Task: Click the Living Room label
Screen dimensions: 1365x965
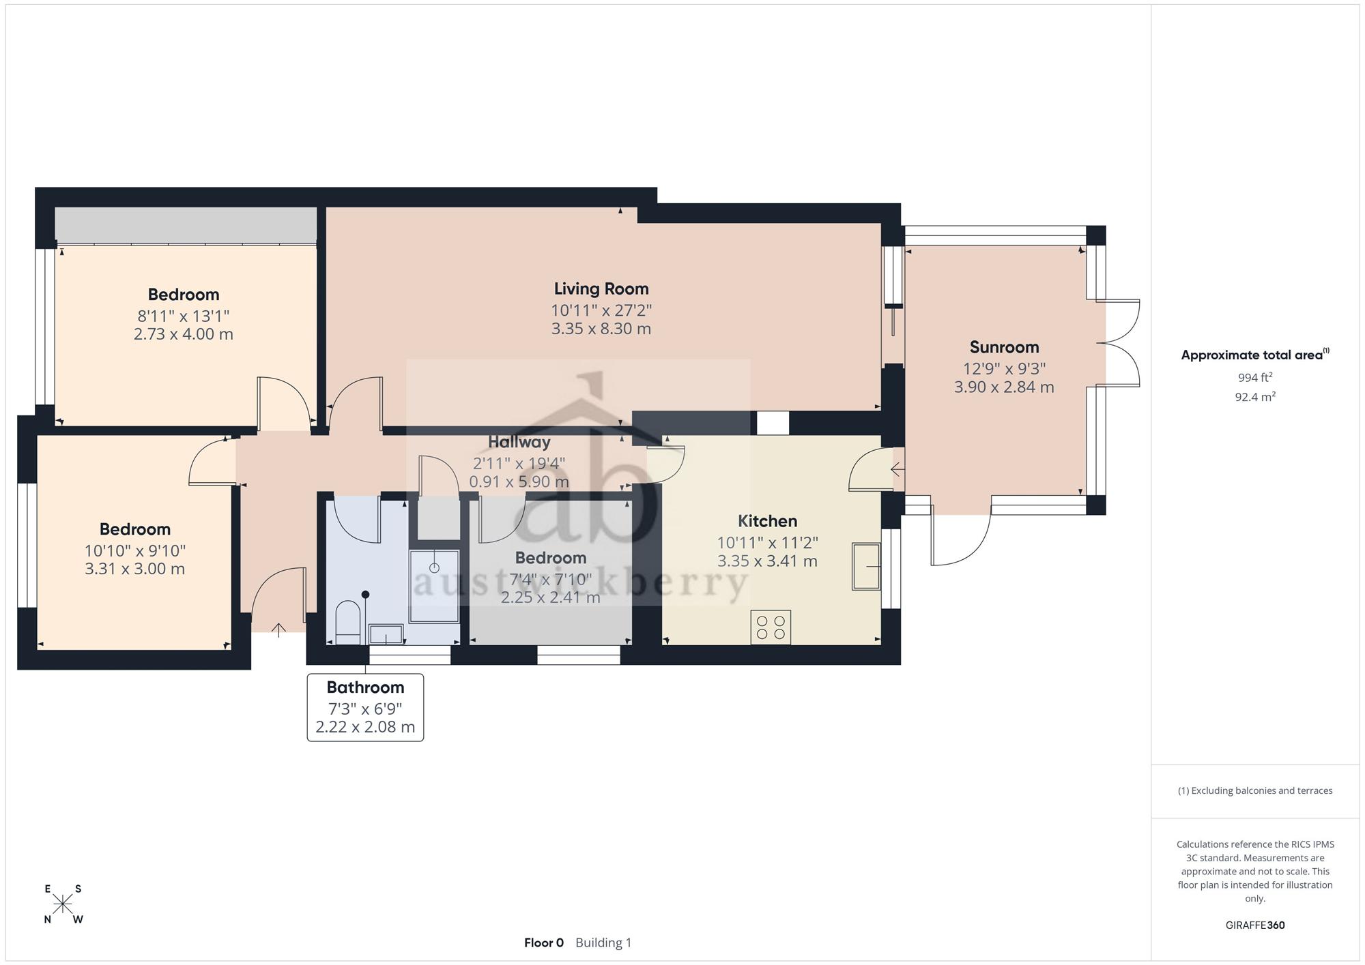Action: [601, 289]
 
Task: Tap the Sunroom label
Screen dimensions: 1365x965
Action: [1004, 347]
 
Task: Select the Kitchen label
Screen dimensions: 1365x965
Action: [767, 521]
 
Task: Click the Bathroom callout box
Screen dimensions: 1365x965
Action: [365, 707]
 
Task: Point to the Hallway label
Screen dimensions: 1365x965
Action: [519, 442]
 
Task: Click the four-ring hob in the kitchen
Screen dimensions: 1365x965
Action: [771, 627]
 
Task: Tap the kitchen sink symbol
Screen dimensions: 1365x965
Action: [866, 566]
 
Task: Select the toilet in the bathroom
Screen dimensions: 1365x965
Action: [348, 622]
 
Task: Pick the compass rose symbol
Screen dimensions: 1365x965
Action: [63, 904]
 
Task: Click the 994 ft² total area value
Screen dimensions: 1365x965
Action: [1255, 377]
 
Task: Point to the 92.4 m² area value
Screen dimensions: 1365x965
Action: [1255, 396]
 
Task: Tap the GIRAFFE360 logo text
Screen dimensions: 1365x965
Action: [1255, 925]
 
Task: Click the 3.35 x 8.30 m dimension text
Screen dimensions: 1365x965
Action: [601, 329]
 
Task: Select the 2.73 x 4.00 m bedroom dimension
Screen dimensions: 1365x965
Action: [184, 334]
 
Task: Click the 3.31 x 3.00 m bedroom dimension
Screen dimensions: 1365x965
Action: [135, 569]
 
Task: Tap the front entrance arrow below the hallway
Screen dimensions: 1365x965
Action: [278, 629]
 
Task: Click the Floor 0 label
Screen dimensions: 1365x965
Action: [544, 942]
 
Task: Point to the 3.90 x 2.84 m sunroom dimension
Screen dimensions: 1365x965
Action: [1004, 387]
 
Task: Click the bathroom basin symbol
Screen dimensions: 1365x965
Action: [386, 634]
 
